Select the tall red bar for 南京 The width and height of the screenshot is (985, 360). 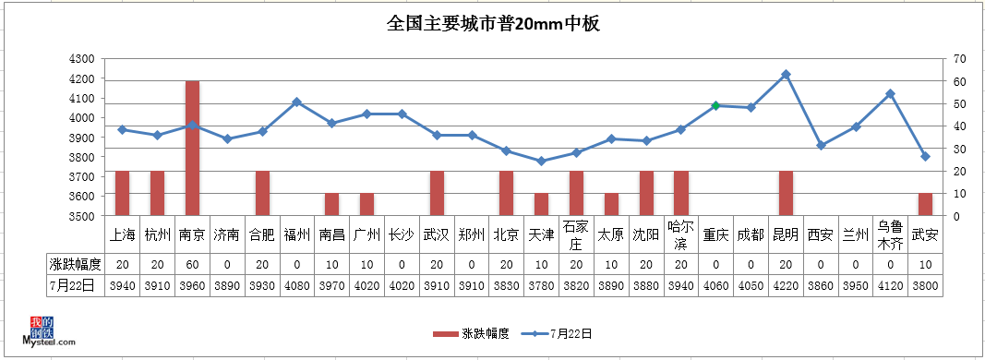click(x=192, y=148)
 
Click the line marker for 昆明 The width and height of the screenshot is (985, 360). click(x=786, y=74)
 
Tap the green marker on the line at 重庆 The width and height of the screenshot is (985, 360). click(x=715, y=105)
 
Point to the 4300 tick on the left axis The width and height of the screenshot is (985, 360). click(x=82, y=58)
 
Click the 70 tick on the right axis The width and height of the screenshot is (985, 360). click(x=959, y=58)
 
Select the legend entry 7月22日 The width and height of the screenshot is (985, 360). click(x=571, y=333)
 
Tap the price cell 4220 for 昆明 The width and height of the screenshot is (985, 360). click(x=786, y=285)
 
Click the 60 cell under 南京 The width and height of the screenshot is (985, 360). click(x=192, y=264)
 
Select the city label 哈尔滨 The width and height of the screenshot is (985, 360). click(x=681, y=235)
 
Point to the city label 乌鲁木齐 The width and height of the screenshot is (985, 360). click(x=890, y=235)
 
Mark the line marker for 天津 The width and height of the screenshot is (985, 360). click(x=541, y=161)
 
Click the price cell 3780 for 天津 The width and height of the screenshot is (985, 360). click(x=541, y=285)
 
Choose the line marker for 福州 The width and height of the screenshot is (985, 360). click(x=296, y=102)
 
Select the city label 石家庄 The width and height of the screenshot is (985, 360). click(x=576, y=235)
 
